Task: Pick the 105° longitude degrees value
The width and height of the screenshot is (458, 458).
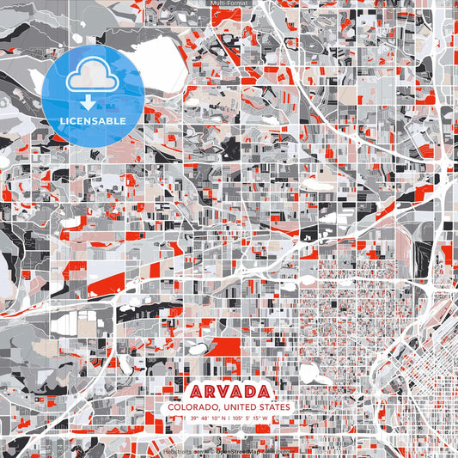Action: pyautogui.click(x=236, y=419)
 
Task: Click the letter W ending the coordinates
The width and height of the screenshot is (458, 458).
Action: pyautogui.click(x=266, y=419)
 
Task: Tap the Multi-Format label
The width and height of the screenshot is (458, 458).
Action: pyautogui.click(x=229, y=3)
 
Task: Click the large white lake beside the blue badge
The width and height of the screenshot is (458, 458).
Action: pyautogui.click(x=163, y=60)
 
